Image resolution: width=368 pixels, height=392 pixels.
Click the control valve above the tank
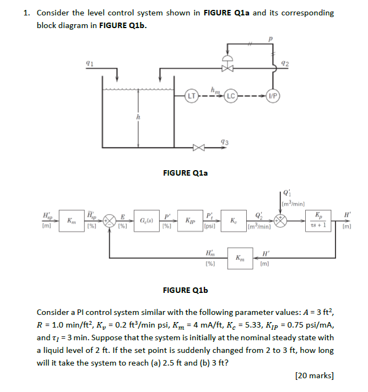(226, 67)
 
